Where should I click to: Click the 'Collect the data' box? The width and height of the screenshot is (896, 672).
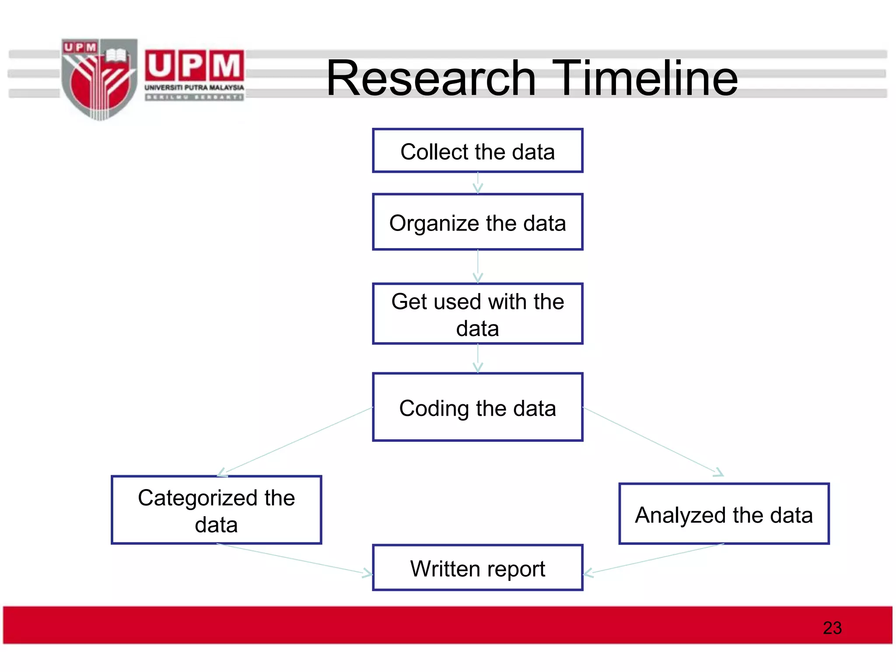tap(477, 151)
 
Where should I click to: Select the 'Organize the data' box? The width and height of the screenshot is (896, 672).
tap(477, 222)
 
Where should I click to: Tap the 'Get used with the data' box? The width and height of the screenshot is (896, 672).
tap(477, 314)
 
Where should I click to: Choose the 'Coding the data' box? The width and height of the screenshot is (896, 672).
tap(477, 407)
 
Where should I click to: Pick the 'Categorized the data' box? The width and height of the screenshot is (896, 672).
tap(217, 510)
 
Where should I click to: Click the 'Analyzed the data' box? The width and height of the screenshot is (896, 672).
tap(724, 514)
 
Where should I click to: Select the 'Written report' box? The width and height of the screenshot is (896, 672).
tap(477, 568)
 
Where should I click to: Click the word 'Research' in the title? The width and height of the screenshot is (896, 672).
tap(431, 78)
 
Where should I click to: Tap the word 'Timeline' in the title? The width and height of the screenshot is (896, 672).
tap(645, 78)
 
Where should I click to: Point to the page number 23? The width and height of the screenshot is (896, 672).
tap(832, 628)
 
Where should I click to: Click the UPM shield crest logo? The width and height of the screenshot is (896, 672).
tap(99, 79)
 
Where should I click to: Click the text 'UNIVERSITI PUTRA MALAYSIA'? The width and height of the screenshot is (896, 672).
tap(194, 87)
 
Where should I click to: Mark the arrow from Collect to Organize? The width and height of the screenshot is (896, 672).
tap(478, 183)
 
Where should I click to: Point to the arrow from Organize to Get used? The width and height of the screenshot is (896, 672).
tap(478, 266)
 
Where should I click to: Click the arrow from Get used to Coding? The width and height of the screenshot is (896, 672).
tap(478, 358)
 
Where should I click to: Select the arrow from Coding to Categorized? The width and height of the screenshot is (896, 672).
tap(295, 442)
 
